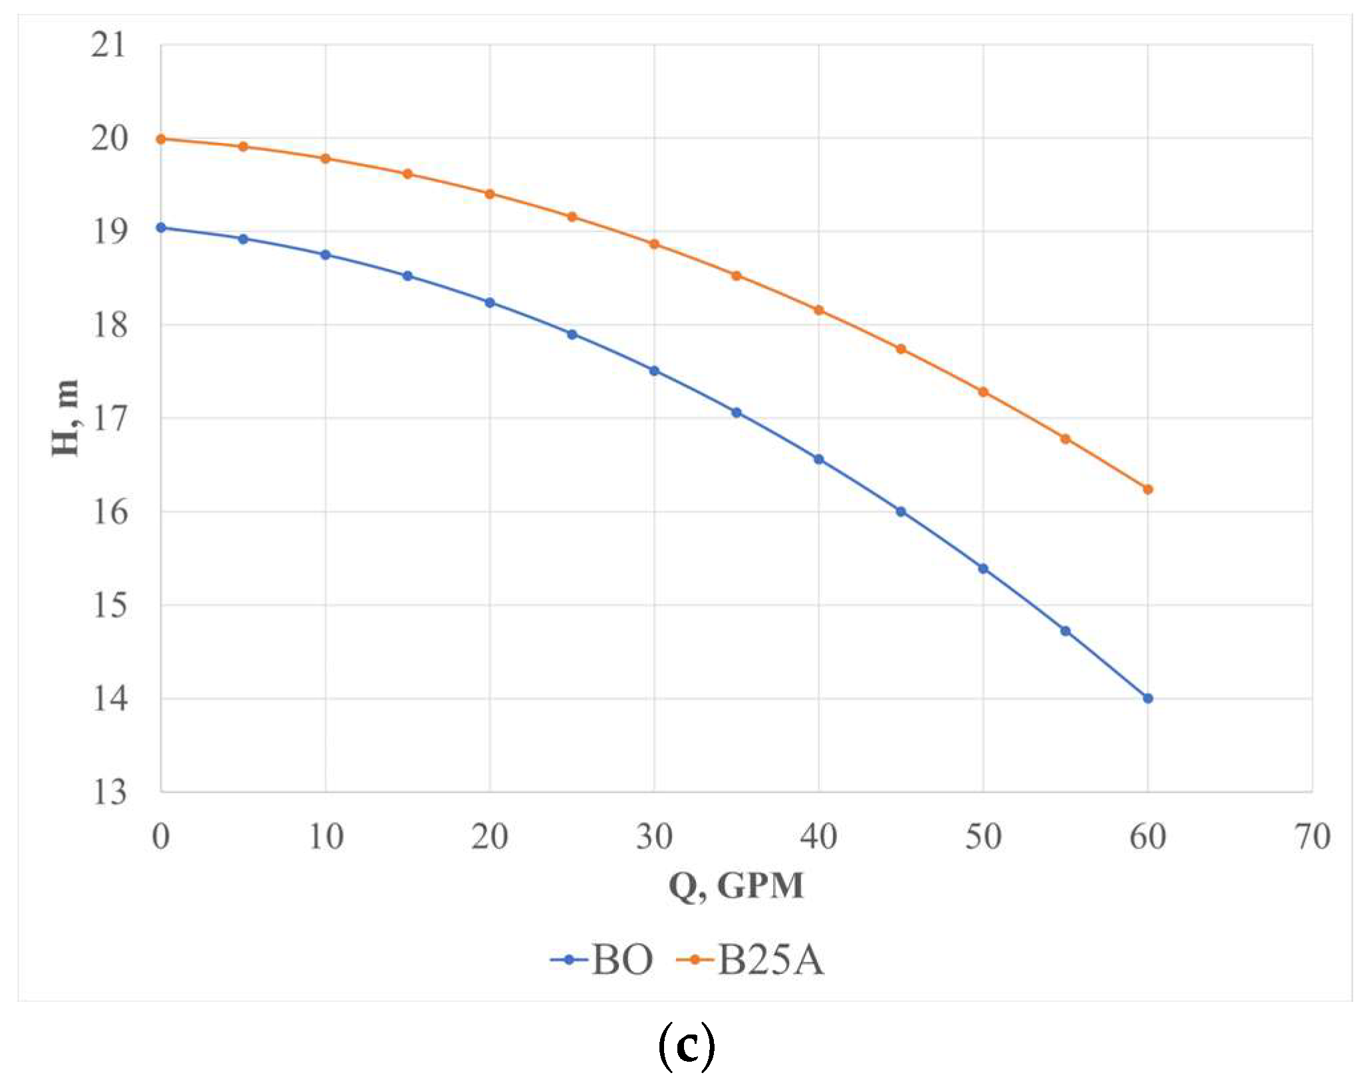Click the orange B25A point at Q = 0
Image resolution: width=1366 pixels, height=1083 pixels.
[161, 139]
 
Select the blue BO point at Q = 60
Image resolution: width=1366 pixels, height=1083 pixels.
[1147, 698]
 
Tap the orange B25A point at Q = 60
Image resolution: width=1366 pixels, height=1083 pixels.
[1147, 489]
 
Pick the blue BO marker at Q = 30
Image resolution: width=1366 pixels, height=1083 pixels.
[654, 371]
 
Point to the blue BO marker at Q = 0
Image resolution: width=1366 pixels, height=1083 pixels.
[161, 227]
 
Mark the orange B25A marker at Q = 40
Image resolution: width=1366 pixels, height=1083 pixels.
[819, 310]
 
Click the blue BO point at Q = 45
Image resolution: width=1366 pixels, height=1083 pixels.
[901, 512]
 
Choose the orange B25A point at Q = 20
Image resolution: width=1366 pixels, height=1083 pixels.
[490, 194]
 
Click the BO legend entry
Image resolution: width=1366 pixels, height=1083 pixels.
[602, 959]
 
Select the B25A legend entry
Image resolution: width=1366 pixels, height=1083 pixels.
[751, 959]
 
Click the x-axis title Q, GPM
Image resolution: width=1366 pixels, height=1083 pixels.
[736, 886]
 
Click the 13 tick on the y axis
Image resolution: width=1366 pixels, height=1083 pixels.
[108, 792]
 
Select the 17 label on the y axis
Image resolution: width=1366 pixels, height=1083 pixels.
[108, 419]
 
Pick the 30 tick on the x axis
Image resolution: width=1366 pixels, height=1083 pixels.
[654, 837]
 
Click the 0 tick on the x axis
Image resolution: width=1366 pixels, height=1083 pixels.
[161, 837]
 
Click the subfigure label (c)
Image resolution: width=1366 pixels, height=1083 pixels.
[686, 1046]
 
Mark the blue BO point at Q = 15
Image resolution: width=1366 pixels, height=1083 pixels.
[407, 276]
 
